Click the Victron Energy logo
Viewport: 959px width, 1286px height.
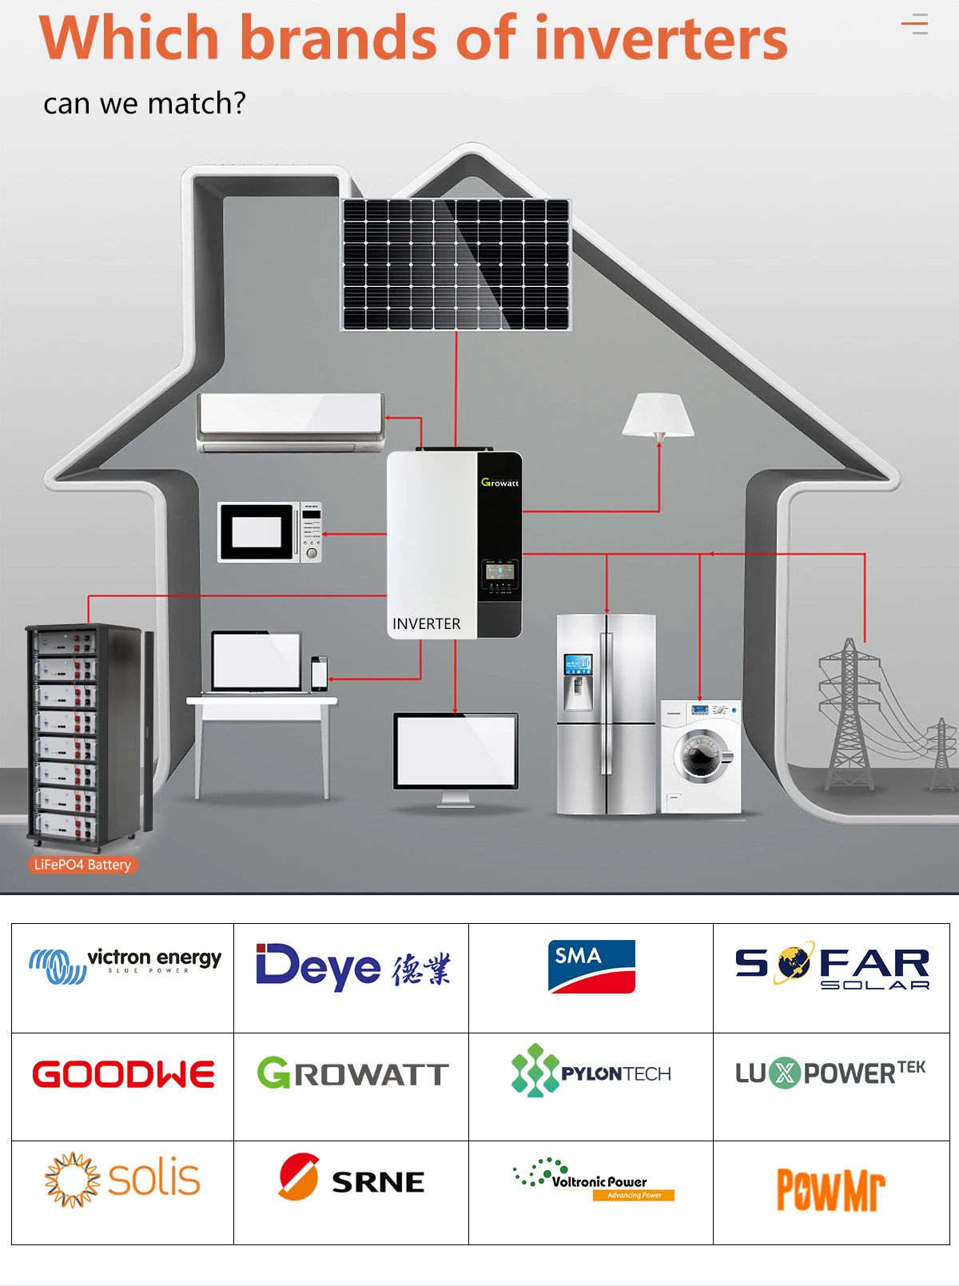pyautogui.click(x=125, y=965)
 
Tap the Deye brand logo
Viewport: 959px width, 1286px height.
pyautogui.click(x=352, y=967)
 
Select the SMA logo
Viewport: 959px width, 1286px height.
pyautogui.click(x=591, y=966)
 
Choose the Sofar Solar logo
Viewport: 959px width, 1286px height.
pyautogui.click(x=832, y=967)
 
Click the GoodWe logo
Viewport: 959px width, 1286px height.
pyautogui.click(x=123, y=1074)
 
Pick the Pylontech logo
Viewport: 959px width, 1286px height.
pyautogui.click(x=591, y=1071)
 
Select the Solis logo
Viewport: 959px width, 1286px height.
pyautogui.click(x=123, y=1180)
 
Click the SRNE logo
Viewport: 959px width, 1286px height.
pyautogui.click(x=352, y=1178)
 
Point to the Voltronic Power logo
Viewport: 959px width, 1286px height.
pyautogui.click(x=594, y=1179)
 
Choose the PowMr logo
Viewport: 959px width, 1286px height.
pyautogui.click(x=831, y=1190)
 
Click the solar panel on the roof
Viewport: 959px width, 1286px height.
pyautogui.click(x=456, y=265)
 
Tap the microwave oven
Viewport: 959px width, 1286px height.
pyautogui.click(x=270, y=532)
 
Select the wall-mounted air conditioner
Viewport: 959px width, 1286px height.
pyautogui.click(x=291, y=421)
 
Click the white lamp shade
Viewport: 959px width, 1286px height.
pyautogui.click(x=658, y=415)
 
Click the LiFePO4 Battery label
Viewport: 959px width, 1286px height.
pyautogui.click(x=82, y=865)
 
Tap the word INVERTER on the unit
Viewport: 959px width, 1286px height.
pyautogui.click(x=426, y=624)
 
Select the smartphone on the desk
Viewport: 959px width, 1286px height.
pyautogui.click(x=319, y=673)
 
